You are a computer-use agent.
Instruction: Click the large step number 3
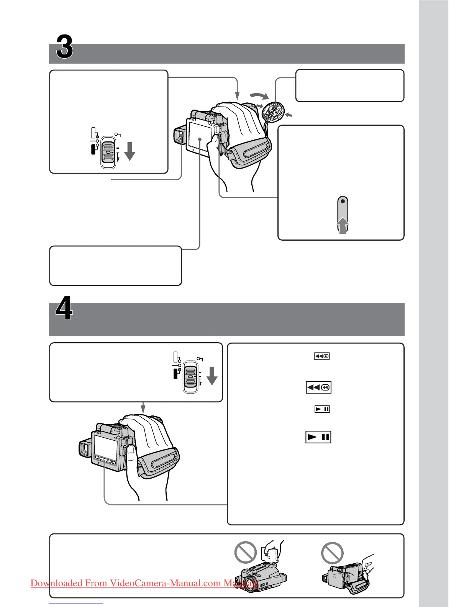[64, 47]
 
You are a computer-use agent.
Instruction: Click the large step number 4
[64, 310]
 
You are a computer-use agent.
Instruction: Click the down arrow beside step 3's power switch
[130, 151]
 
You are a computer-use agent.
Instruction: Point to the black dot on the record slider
[343, 201]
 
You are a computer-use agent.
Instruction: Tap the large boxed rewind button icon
[318, 387]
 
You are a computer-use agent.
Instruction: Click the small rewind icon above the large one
[322, 356]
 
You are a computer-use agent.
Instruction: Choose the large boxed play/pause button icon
[318, 437]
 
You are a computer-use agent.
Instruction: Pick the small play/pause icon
[322, 409]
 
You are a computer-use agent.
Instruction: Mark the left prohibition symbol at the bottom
[245, 552]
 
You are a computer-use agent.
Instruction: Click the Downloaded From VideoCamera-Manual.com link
[144, 583]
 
